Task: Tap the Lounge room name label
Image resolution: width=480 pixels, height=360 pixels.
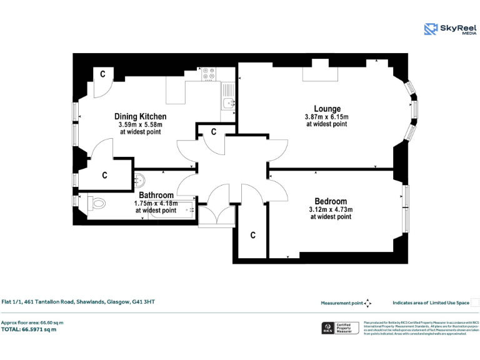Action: [327, 109]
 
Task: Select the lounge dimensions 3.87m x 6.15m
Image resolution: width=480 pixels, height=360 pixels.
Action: [327, 117]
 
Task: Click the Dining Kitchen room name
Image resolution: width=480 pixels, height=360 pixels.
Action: [140, 116]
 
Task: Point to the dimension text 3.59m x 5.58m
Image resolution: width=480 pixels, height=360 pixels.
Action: [140, 124]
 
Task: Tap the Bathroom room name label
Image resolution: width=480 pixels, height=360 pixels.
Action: [156, 196]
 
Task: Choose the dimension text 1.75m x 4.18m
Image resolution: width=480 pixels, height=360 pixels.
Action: [156, 203]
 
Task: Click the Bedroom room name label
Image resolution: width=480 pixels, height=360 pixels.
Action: [331, 201]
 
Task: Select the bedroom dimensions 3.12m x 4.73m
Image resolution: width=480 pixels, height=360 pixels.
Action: [331, 209]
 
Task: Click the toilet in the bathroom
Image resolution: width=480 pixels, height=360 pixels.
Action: [96, 203]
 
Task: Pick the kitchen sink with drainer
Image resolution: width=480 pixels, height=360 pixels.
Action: [229, 103]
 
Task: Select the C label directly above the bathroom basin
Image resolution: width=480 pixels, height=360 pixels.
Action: [104, 176]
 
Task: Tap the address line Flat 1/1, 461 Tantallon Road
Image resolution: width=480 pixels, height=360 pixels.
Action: [78, 302]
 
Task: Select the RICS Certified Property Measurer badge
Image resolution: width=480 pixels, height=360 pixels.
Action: [339, 328]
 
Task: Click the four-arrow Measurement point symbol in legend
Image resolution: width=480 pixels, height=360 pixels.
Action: [368, 303]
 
